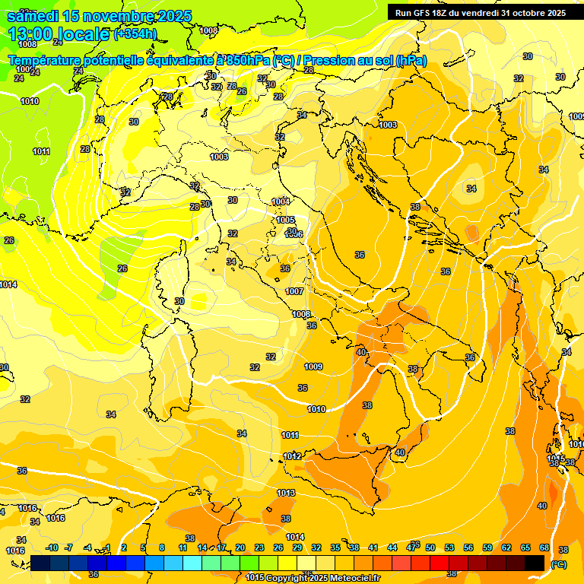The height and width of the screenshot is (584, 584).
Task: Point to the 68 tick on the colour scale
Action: pyautogui.click(x=544, y=547)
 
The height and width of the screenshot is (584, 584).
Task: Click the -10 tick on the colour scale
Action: pyautogui.click(x=52, y=547)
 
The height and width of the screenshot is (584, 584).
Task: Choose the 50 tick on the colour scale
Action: pyautogui.click(x=430, y=547)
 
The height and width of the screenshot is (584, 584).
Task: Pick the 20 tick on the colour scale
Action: pyautogui.click(x=240, y=547)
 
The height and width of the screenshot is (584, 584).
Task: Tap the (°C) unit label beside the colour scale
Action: pyautogui.click(x=559, y=564)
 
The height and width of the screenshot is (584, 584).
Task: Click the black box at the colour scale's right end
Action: pyautogui.click(x=535, y=563)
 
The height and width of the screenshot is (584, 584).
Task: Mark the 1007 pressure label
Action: pyautogui.click(x=294, y=291)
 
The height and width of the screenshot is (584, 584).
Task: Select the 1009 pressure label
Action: pyautogui.click(x=313, y=367)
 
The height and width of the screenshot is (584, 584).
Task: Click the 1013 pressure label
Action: pyautogui.click(x=286, y=493)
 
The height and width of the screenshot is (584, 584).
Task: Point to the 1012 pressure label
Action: pyautogui.click(x=293, y=456)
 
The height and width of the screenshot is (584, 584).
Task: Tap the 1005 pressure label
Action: pyautogui.click(x=286, y=220)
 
